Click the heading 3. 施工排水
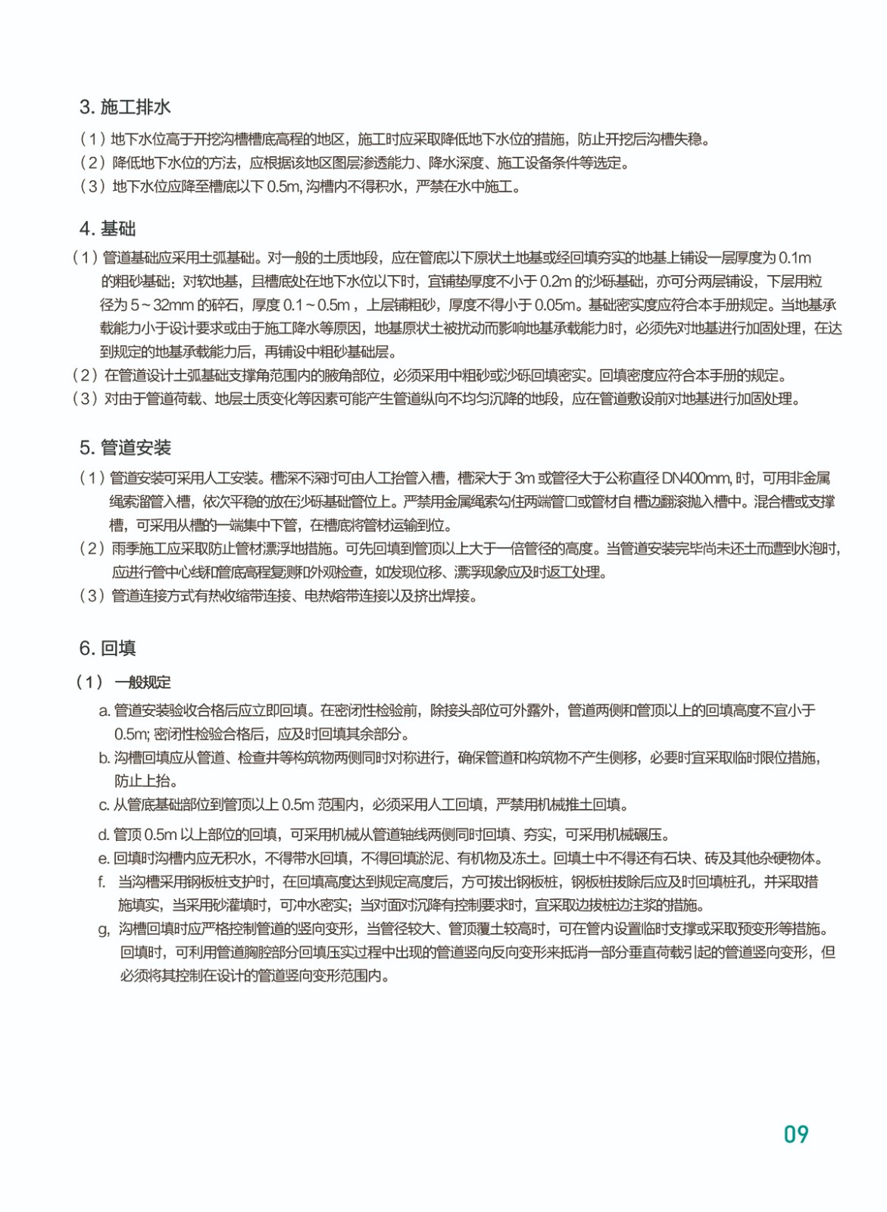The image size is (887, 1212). [x=125, y=107]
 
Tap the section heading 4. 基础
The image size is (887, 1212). [x=108, y=229]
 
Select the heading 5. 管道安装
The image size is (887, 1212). [x=125, y=448]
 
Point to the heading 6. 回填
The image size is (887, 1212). [x=108, y=648]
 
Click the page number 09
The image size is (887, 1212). [x=796, y=1134]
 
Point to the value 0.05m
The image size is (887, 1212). [x=555, y=305]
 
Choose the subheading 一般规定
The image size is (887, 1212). [x=143, y=683]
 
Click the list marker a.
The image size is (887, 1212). [x=105, y=711]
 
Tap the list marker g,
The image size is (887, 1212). [x=104, y=929]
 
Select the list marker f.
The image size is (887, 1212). [x=102, y=882]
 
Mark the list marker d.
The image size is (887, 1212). [x=104, y=835]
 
